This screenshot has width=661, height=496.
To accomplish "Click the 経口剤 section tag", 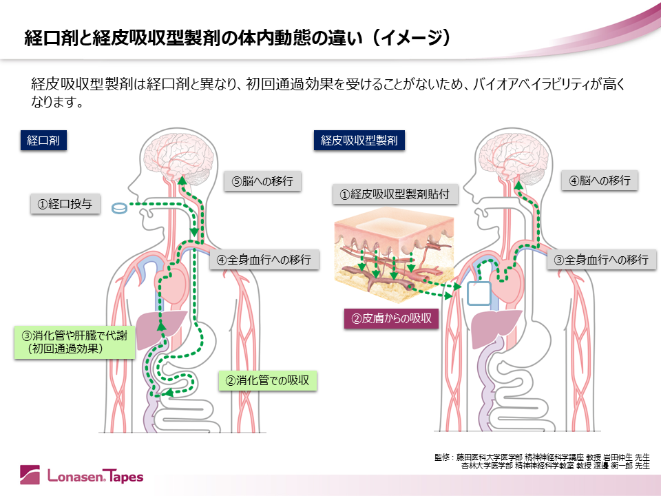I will pyautogui.click(x=43, y=141).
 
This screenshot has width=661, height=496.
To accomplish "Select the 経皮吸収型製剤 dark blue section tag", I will pyautogui.click(x=359, y=141).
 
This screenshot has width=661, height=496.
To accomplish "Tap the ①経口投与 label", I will pyautogui.click(x=65, y=204).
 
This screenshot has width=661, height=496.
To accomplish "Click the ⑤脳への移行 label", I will pyautogui.click(x=262, y=182).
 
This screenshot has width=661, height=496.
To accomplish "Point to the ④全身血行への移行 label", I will pyautogui.click(x=263, y=260).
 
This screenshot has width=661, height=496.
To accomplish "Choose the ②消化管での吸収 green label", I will pyautogui.click(x=267, y=380).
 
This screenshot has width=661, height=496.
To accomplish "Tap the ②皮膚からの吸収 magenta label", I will pyautogui.click(x=391, y=318).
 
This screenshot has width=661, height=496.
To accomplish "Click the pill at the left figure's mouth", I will pyautogui.click(x=120, y=207).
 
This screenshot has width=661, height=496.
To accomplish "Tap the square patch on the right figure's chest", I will pyautogui.click(x=479, y=293).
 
